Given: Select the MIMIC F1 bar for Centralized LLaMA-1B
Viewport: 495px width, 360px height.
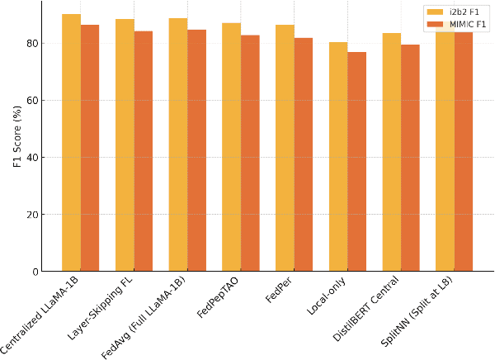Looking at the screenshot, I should click(90, 149).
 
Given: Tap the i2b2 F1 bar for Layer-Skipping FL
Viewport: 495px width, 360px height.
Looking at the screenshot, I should click(125, 145).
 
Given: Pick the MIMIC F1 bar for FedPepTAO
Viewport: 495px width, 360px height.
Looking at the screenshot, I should click(250, 154).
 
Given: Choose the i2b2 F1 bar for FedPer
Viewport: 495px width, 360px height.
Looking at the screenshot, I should click(285, 148).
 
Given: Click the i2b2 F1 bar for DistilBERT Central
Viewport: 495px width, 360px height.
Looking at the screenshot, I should click(392, 152).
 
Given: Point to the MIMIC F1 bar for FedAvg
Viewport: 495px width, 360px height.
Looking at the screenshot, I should click(196, 150).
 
